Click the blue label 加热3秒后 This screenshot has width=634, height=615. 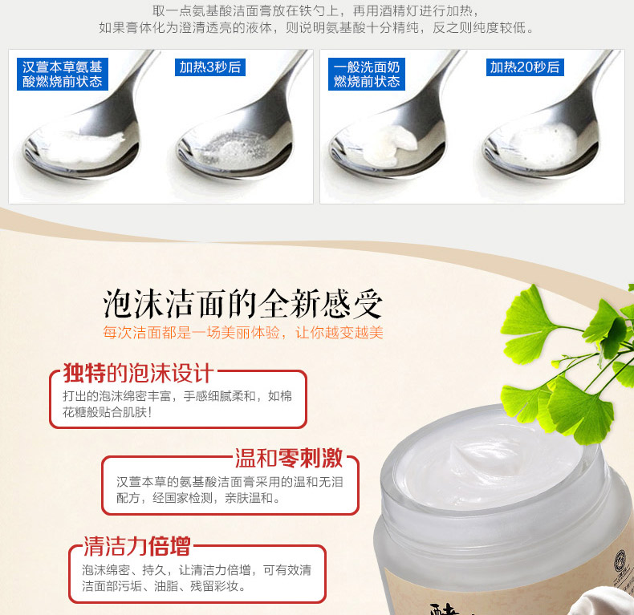[210, 67]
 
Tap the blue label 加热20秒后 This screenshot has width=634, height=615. [525, 67]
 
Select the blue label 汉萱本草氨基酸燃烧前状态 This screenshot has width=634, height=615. [63, 74]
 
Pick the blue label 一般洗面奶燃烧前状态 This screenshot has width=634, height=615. [366, 74]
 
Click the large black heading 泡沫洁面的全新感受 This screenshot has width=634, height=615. [242, 304]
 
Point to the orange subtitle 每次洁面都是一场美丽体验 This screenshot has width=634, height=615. [191, 333]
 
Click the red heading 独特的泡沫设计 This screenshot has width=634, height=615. [137, 373]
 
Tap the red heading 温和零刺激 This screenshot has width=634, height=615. [289, 458]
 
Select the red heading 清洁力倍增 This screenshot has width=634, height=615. [137, 546]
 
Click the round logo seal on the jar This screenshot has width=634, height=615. [620, 560]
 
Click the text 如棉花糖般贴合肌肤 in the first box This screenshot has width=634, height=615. [177, 404]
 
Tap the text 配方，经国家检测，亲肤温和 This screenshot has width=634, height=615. [198, 498]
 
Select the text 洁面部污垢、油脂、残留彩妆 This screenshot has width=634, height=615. [164, 585]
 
